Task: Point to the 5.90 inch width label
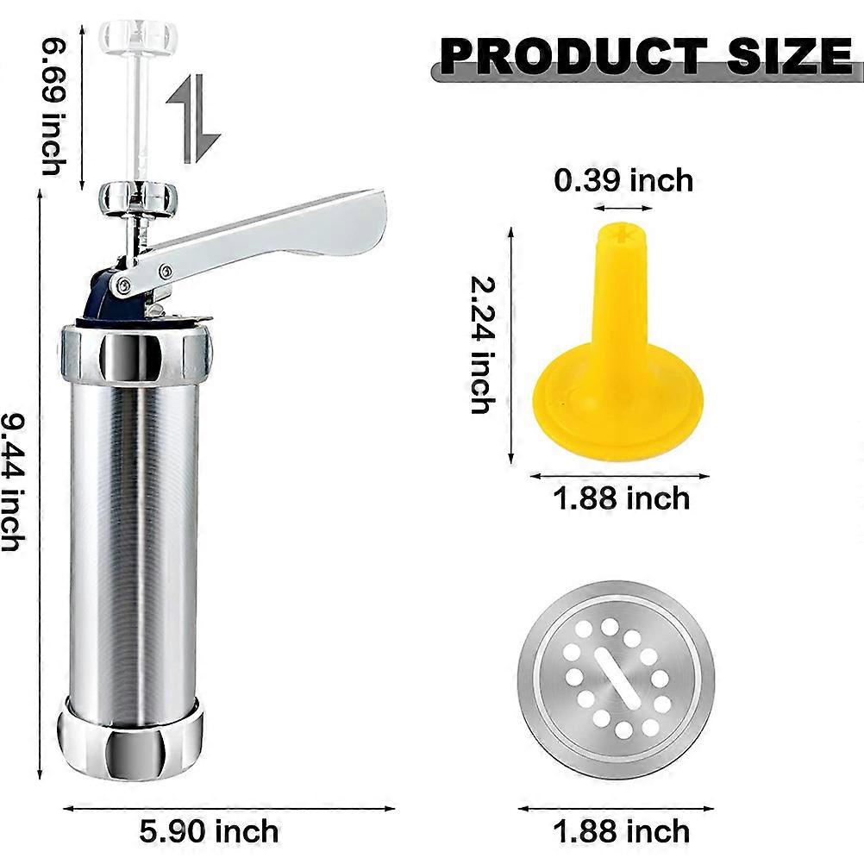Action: [x=209, y=831]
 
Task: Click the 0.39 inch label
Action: [x=623, y=180]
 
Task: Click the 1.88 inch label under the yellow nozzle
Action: [x=622, y=498]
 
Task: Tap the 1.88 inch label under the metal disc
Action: [x=622, y=831]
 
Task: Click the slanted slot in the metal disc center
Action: [x=616, y=679]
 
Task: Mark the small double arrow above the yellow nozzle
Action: [x=623, y=208]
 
